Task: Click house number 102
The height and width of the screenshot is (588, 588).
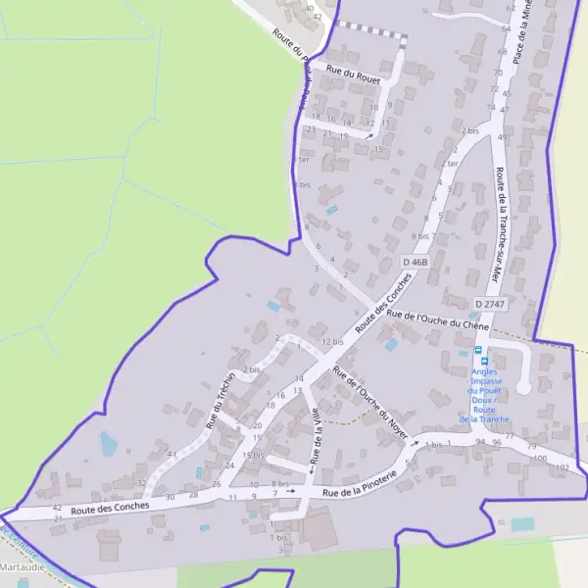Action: pyautogui.click(x=562, y=468)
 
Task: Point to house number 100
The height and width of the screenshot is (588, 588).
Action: pyautogui.click(x=539, y=459)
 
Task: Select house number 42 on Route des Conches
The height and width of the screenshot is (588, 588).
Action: pyautogui.click(x=57, y=508)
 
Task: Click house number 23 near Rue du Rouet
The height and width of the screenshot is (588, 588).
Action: pyautogui.click(x=311, y=128)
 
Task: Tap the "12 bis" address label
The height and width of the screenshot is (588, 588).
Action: pyautogui.click(x=333, y=341)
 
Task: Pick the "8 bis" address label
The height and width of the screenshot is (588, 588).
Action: pyautogui.click(x=421, y=235)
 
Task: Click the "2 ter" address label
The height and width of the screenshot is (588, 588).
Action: pyautogui.click(x=452, y=164)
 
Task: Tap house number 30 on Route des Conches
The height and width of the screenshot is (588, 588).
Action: pyautogui.click(x=170, y=497)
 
